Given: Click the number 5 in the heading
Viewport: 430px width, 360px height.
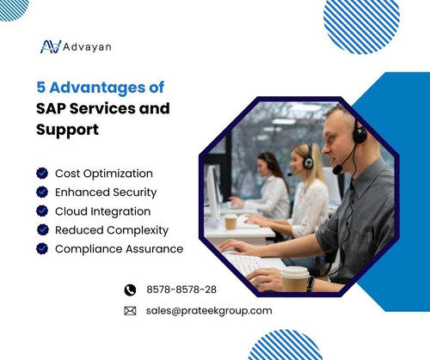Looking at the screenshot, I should (41, 88).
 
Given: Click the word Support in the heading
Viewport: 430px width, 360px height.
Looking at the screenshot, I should (68, 131).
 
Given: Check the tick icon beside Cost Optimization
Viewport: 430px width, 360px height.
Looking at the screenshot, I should (41, 174).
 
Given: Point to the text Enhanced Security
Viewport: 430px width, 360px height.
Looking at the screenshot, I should (106, 192).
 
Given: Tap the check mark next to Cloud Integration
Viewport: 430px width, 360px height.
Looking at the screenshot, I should (41, 211).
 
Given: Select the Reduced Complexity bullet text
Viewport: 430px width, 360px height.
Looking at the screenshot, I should (111, 230).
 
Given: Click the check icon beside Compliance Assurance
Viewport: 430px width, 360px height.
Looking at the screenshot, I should (41, 249).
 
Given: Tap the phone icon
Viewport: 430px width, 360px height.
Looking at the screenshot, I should (131, 290).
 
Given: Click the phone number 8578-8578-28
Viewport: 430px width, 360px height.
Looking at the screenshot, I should (181, 290).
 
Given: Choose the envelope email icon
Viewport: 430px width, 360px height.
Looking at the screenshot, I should (131, 311).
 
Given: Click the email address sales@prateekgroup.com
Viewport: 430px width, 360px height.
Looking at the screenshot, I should (209, 311).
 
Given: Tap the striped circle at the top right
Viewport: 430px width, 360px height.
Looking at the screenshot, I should (361, 26).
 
